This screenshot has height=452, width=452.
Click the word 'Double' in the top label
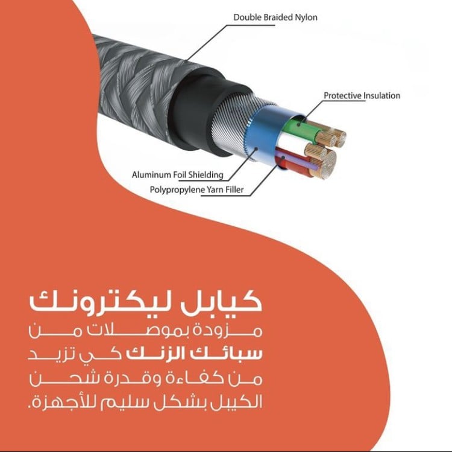[x=248, y=18]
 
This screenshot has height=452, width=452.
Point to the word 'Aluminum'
[x=151, y=175]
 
